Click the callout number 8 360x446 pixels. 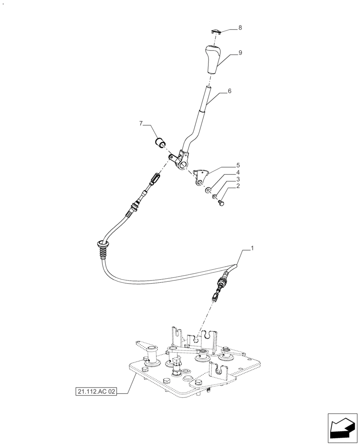(240, 28)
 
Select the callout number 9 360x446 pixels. (240, 53)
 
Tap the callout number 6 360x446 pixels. (229, 91)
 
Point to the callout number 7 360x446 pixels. (141, 124)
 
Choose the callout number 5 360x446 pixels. (238, 165)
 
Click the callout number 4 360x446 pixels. (238, 172)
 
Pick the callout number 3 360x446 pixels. (238, 179)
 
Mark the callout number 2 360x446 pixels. (238, 186)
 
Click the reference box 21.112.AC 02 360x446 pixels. (96, 392)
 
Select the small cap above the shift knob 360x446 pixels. (216, 31)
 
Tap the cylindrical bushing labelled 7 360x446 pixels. (160, 143)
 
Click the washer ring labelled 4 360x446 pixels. (208, 191)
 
